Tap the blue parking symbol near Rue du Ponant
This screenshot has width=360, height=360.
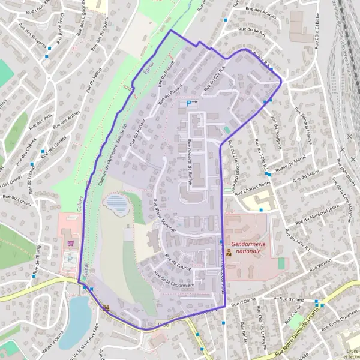click(x=189, y=103)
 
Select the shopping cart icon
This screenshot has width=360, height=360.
click(x=72, y=243)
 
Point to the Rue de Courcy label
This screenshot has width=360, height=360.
click(x=176, y=262)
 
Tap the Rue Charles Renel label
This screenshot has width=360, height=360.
click(x=253, y=187)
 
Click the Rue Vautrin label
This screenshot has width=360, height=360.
click(x=322, y=262)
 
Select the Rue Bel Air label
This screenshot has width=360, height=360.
click(x=244, y=329)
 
